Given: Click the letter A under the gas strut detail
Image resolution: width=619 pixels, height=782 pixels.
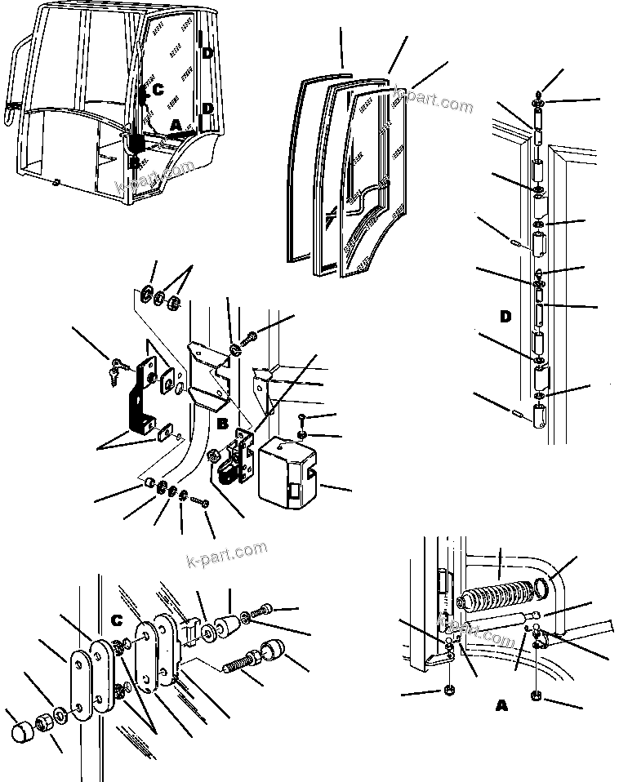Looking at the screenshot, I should [x=501, y=706].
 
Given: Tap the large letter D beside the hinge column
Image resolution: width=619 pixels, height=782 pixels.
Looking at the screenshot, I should [x=505, y=316].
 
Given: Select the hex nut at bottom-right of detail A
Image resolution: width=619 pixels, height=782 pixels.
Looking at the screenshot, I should [x=536, y=698].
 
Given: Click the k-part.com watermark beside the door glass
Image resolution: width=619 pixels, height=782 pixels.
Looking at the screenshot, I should [x=433, y=100].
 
